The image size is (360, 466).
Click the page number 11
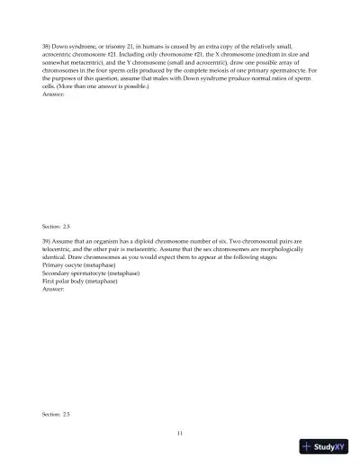coord(180,434)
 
